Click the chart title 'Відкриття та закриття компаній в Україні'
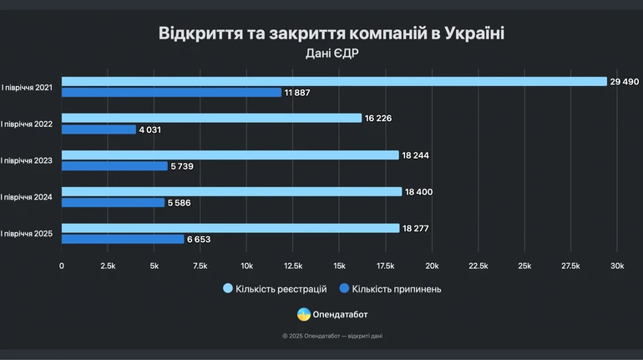point(331,33)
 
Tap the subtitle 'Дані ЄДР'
point(331,53)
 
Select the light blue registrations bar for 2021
point(334,81)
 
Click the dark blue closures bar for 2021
point(171,93)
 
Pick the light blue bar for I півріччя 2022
point(211,118)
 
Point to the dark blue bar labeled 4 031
point(99,129)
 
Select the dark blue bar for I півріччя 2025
point(123,240)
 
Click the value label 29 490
point(625,81)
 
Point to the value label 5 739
point(185,166)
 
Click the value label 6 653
point(200,240)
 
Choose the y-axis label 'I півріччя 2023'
point(27,160)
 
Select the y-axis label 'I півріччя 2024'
point(27,197)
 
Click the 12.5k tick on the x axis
point(293,266)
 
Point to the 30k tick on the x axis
point(616,266)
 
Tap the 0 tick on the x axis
point(62,266)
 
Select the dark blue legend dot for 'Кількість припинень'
point(344,289)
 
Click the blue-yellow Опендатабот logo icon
point(304,315)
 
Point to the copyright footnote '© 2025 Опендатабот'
point(332,336)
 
